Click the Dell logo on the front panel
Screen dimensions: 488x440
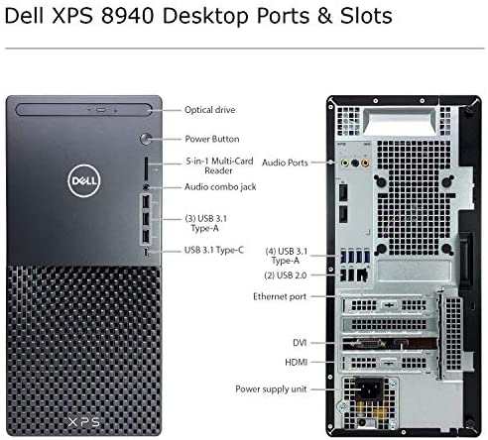click(x=84, y=180)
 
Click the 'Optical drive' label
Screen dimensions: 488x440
click(x=210, y=110)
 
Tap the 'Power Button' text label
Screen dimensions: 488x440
click(x=212, y=139)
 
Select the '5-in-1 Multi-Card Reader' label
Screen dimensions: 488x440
click(x=219, y=165)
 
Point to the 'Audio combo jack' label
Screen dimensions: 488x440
click(x=220, y=187)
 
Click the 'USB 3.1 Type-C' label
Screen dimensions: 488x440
click(x=214, y=250)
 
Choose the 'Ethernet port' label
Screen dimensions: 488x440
click(x=280, y=296)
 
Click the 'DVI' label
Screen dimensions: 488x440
click(x=300, y=343)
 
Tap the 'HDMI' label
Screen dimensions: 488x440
click(x=297, y=363)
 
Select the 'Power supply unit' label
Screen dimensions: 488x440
click(x=271, y=389)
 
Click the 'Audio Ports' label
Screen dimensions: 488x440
click(x=285, y=163)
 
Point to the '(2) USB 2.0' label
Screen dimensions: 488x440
click(x=286, y=275)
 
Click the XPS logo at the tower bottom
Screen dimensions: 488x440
click(x=83, y=422)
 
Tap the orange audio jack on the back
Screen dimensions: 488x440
click(x=365, y=163)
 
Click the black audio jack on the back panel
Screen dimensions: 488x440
click(x=355, y=163)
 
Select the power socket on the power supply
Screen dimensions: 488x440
click(x=370, y=388)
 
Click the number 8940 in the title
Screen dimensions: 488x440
click(x=128, y=16)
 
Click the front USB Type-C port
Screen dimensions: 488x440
click(x=147, y=252)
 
